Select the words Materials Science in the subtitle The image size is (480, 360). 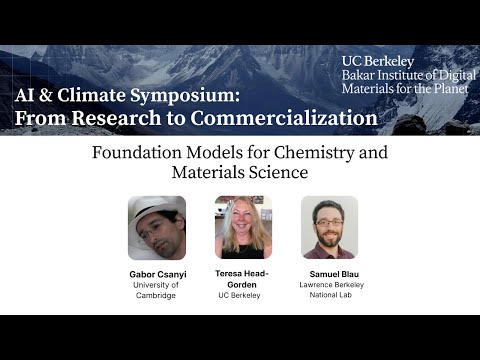point(240,172)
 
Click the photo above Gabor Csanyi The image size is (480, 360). point(156,228)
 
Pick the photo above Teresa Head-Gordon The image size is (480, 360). point(243,228)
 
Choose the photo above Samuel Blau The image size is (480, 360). point(329,228)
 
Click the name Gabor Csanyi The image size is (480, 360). point(157,273)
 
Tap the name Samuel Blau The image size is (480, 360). point(329,273)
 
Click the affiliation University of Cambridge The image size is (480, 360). point(157,289)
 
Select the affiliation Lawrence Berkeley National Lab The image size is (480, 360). point(329,289)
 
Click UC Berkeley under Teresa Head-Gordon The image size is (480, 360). point(243,295)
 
